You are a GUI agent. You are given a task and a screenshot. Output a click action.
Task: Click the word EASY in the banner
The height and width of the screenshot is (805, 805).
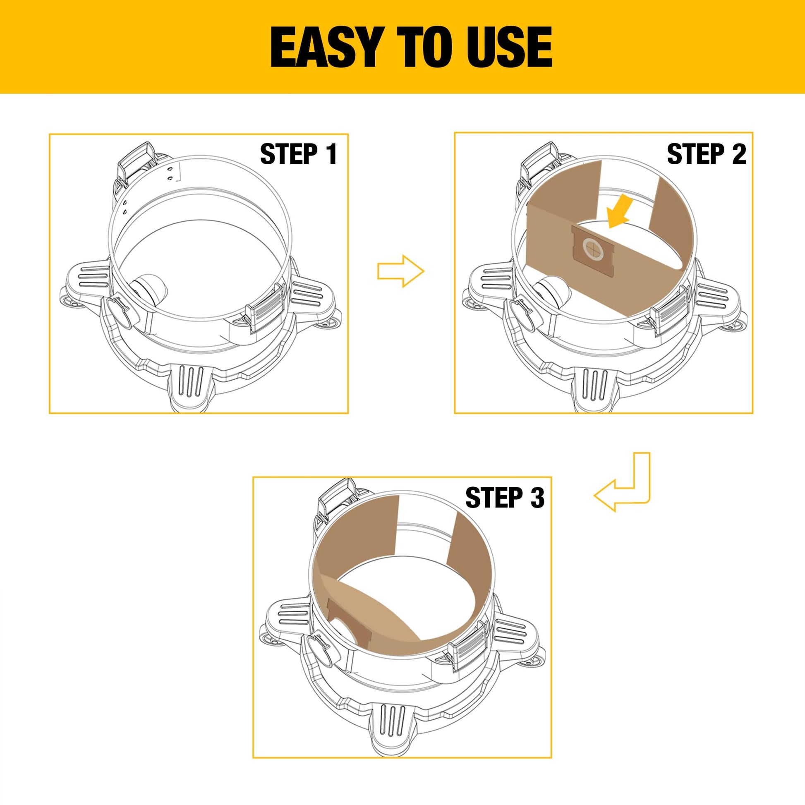326,47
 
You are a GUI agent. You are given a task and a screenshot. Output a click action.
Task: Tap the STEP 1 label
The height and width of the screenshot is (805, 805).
298,154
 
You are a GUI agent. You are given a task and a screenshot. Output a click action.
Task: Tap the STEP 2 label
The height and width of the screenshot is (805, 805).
706,154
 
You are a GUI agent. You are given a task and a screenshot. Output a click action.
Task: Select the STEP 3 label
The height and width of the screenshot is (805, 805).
505,498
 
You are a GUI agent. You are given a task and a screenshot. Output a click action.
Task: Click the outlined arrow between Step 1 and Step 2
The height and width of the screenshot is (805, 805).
401,271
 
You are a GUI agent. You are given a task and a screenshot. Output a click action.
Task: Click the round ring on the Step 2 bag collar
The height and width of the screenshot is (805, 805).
593,250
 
